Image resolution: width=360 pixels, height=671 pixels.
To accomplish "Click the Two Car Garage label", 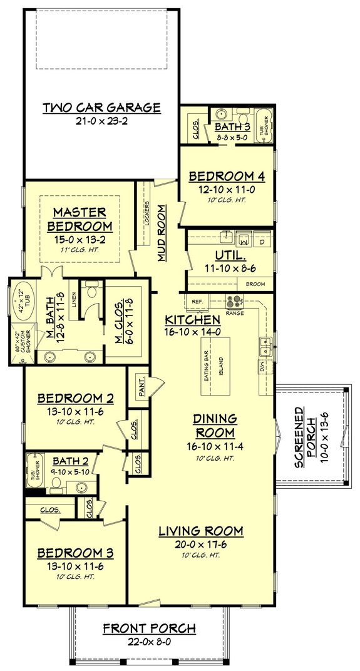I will click(111, 107).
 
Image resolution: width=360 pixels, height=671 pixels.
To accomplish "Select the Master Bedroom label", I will click(79, 218).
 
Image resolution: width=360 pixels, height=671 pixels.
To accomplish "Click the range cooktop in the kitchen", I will click(234, 300).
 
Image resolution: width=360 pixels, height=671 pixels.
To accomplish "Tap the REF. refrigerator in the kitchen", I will click(197, 301).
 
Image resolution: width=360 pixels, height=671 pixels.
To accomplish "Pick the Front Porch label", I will click(149, 628).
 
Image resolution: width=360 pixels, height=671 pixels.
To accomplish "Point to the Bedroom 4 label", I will click(227, 176).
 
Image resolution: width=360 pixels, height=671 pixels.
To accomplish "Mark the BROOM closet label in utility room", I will click(255, 284).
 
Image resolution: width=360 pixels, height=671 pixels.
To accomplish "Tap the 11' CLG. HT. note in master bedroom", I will click(79, 249).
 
